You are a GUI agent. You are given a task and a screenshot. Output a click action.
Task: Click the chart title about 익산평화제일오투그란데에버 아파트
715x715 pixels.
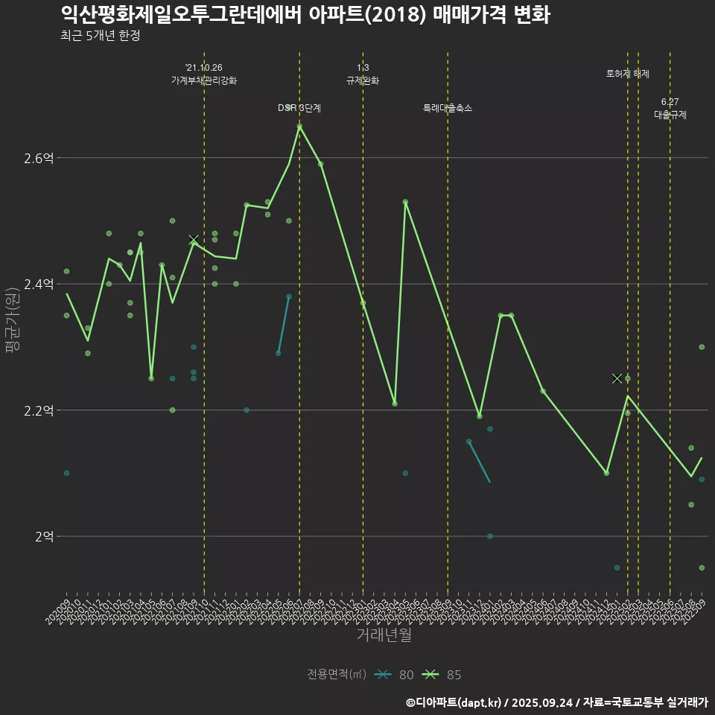pyautogui.click(x=305, y=14)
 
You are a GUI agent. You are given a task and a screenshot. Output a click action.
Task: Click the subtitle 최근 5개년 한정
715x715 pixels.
pyautogui.click(x=100, y=36)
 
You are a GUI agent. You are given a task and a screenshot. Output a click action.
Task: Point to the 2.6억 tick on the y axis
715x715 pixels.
pyautogui.click(x=39, y=158)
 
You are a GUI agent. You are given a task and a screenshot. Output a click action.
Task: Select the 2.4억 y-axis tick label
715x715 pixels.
pyautogui.click(x=39, y=284)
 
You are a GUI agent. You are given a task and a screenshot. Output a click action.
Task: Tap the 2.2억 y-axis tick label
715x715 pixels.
pyautogui.click(x=39, y=410)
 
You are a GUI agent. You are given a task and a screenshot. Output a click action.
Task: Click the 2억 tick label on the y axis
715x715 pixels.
pyautogui.click(x=43, y=536)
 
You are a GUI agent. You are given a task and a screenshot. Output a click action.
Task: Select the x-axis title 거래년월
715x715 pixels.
pyautogui.click(x=384, y=635)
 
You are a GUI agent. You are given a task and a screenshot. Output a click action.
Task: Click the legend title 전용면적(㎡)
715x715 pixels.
pyautogui.click(x=337, y=675)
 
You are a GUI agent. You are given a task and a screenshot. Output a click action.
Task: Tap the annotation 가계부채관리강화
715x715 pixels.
pyautogui.click(x=204, y=80)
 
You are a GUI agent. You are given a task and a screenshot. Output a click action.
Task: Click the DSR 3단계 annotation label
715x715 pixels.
pyautogui.click(x=299, y=108)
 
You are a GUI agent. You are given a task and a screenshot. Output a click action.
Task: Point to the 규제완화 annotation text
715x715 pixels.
pyautogui.click(x=363, y=80)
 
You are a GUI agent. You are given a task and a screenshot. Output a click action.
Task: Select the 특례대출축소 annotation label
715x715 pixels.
pyautogui.click(x=448, y=108)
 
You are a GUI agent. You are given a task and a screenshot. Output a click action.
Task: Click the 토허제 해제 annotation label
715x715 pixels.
pyautogui.click(x=628, y=74)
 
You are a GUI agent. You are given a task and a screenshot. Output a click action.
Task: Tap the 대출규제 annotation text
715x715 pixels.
pyautogui.click(x=670, y=115)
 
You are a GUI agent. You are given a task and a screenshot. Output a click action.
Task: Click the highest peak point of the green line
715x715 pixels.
pyautogui.click(x=299, y=127)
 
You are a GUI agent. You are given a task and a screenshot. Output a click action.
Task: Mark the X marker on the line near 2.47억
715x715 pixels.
pyautogui.click(x=194, y=240)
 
